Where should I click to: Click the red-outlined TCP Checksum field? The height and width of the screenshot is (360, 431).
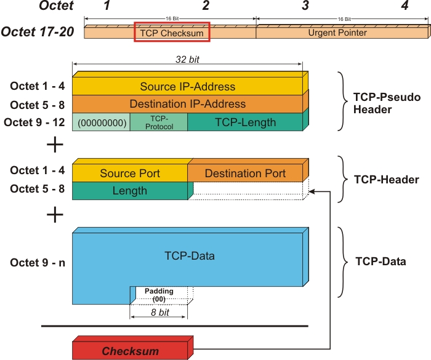[x=172, y=33]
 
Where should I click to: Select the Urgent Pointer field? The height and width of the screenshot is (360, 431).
[x=337, y=33]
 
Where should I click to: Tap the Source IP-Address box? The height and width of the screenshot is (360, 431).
[x=187, y=86]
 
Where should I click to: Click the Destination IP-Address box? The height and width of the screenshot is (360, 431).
[x=187, y=104]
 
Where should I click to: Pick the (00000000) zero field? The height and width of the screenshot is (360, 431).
[x=102, y=122]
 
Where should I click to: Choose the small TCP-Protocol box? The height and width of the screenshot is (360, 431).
[x=158, y=122]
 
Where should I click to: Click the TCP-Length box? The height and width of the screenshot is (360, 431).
[x=245, y=122]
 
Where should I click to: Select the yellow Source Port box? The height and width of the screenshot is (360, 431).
[x=130, y=174]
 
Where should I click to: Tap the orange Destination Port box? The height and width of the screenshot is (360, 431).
[x=245, y=174]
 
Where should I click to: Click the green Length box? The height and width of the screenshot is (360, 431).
[x=130, y=191]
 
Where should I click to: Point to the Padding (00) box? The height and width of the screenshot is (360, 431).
[x=159, y=295]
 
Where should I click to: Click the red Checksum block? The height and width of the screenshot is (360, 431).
[x=131, y=351]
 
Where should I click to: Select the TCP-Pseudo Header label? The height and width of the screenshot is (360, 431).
[x=377, y=103]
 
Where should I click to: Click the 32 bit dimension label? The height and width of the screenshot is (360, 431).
[x=187, y=60]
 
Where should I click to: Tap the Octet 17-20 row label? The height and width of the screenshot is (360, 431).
[x=38, y=32]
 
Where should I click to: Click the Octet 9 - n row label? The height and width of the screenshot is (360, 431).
[x=38, y=263]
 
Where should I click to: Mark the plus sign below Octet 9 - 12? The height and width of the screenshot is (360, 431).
[x=55, y=145]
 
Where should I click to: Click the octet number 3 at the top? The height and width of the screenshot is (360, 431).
[x=305, y=7]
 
